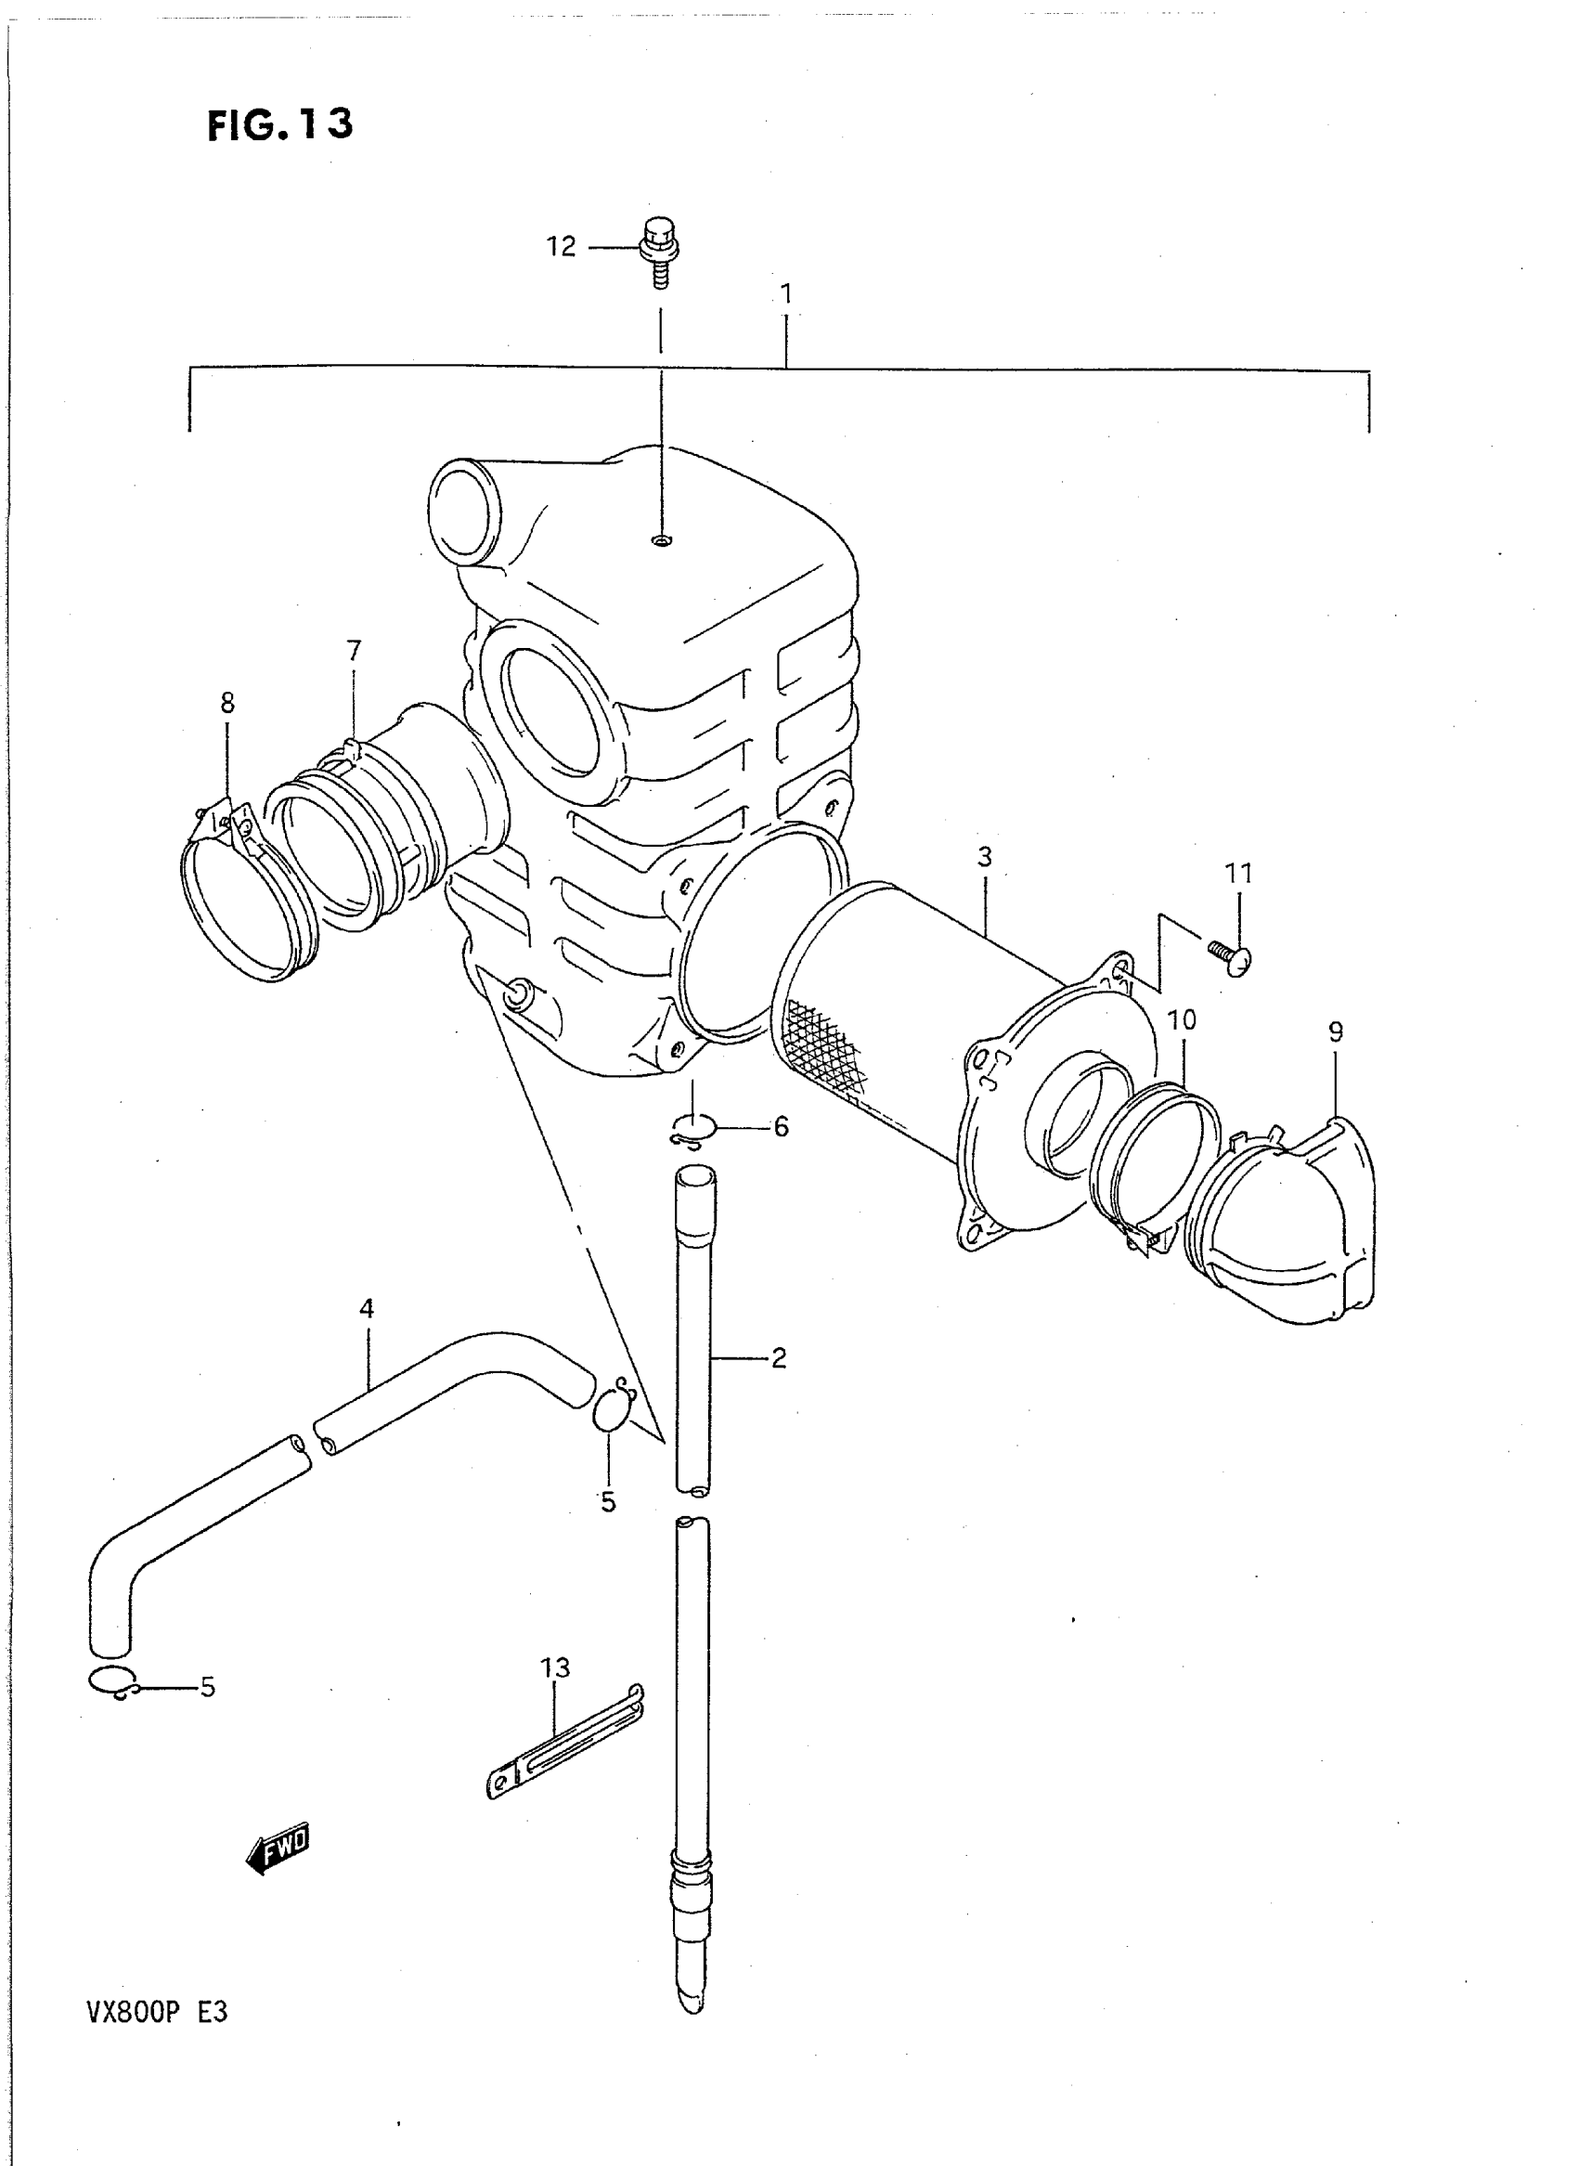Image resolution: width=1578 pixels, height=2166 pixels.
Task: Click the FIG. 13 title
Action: [280, 124]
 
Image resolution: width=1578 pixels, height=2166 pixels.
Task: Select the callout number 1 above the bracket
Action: [786, 293]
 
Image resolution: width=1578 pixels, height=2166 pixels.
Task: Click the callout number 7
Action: [355, 651]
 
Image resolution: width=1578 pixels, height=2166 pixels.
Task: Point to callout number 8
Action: [227, 703]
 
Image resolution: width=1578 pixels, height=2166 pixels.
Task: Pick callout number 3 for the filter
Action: [985, 857]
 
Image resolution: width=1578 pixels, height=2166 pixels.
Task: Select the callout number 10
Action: [1182, 1019]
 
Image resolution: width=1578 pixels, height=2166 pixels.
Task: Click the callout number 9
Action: [1336, 1031]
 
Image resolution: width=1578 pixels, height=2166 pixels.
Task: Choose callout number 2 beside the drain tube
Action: [779, 1357]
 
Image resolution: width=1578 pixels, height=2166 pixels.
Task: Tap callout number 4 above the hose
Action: [367, 1309]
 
